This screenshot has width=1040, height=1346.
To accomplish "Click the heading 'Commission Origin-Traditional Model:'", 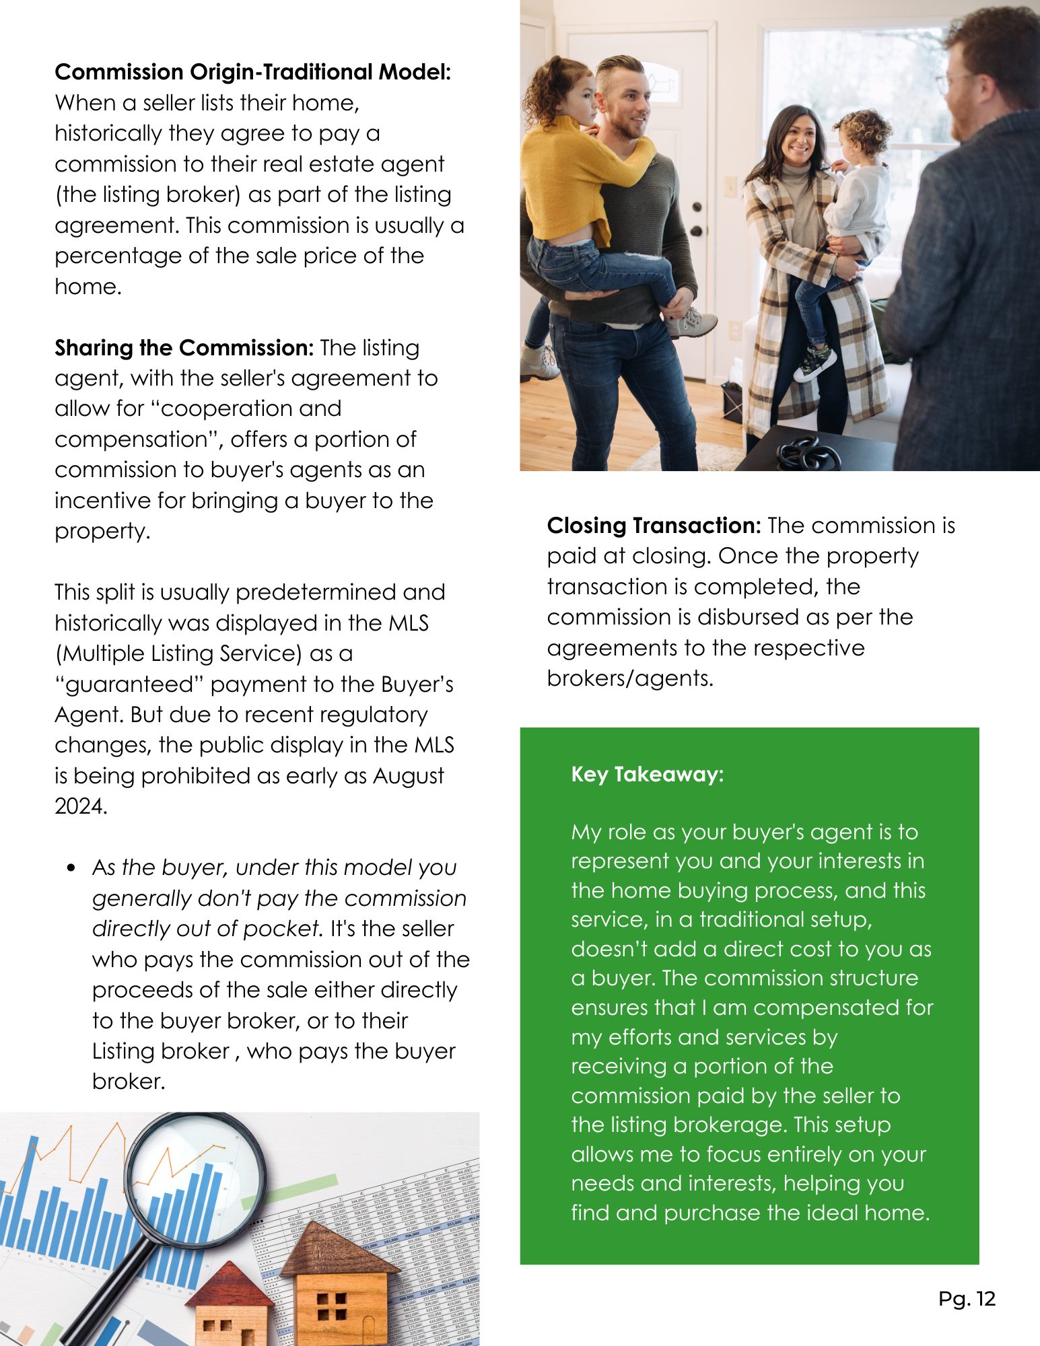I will tap(252, 72).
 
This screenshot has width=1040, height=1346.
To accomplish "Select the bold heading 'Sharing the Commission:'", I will tap(184, 348).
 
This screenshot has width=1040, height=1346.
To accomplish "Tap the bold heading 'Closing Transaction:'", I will tap(654, 526).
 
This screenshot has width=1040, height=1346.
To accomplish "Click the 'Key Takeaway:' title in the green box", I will tap(647, 774).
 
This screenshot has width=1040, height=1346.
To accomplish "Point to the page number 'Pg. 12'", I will tap(967, 1298).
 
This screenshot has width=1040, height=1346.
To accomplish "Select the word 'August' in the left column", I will tap(409, 775).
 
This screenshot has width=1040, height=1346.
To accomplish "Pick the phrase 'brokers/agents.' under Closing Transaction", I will tap(629, 678).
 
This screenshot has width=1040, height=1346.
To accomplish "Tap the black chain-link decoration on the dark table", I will tap(808, 454).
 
